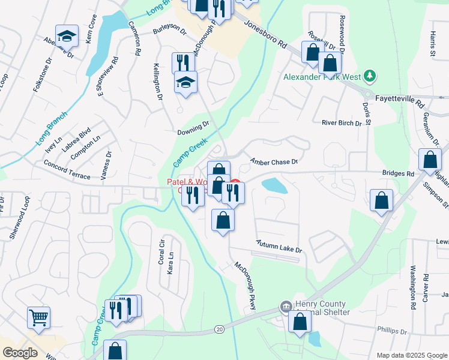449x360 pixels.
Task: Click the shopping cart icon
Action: coord(39,316)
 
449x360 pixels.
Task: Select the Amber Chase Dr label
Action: coord(274,161)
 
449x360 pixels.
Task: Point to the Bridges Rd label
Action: coord(398,173)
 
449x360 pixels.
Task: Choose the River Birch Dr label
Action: coord(342,123)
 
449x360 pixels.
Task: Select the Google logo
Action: coord(20,353)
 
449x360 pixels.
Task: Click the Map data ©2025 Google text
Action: coord(411,355)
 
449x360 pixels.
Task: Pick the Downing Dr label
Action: coord(193,128)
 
